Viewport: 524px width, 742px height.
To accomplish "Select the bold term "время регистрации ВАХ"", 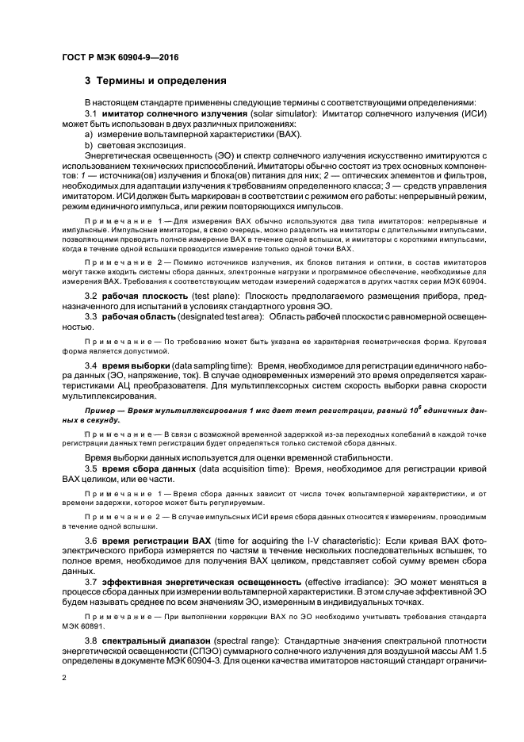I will click(x=159, y=539).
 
